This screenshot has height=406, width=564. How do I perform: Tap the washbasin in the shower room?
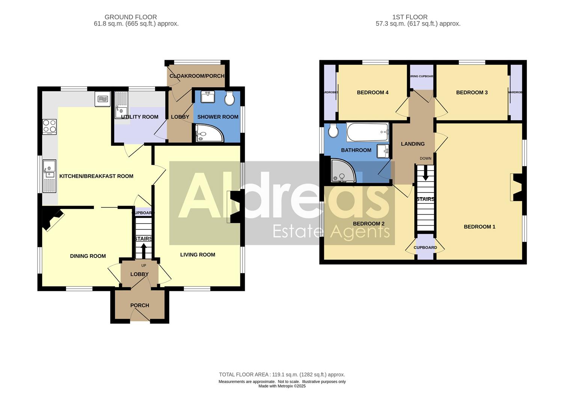coord(207,97)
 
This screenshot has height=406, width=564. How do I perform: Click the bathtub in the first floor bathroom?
coord(368,132)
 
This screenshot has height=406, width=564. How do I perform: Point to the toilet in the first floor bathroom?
coord(333,131)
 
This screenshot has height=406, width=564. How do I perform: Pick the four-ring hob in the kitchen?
coord(50,127)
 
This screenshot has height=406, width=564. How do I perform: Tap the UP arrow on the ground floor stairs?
coord(143,250)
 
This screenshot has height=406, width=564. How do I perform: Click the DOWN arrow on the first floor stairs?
coord(425,173)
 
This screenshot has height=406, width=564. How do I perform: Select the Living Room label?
coord(198,255)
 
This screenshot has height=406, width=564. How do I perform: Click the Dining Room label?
coord(88,256)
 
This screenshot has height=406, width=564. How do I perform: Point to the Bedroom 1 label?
coord(480,227)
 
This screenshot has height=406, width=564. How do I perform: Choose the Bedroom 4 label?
coord(372,92)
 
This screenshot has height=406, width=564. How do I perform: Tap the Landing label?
coord(413,144)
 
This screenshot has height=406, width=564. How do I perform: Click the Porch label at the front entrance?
coord(140,305)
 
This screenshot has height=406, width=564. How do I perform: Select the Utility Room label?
coord(140,117)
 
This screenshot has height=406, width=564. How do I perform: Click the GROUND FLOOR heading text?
coord(131,17)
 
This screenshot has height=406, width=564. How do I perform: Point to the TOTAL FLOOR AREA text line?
coord(282,374)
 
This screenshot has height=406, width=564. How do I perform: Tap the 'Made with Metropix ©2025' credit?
coord(282,386)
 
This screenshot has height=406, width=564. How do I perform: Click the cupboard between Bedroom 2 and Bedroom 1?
coord(425,248)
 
